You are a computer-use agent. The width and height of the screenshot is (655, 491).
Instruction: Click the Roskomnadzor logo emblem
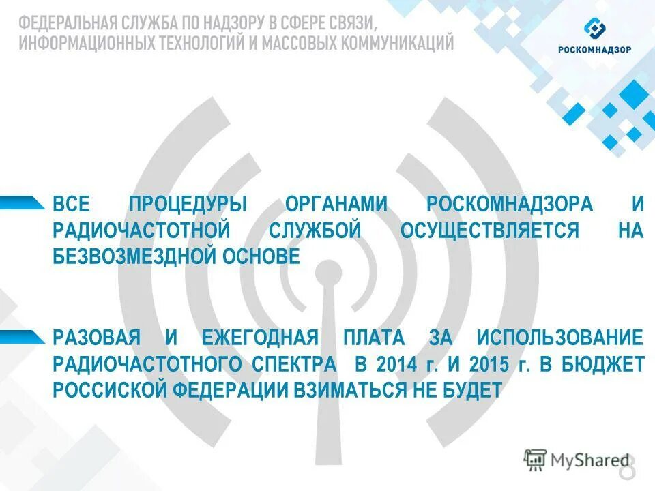(x=594, y=29)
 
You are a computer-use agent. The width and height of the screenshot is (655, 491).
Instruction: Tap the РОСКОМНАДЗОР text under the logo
(x=594, y=50)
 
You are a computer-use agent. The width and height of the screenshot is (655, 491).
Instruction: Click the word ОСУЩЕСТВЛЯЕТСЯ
(x=490, y=230)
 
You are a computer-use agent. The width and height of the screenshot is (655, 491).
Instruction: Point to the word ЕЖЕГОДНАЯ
(x=260, y=338)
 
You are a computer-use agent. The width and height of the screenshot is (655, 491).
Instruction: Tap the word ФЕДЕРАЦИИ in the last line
(x=229, y=389)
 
